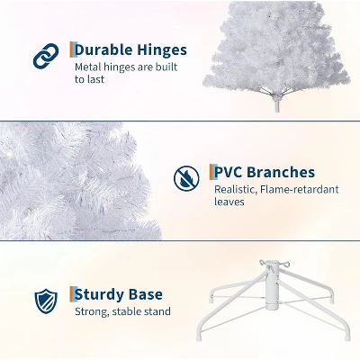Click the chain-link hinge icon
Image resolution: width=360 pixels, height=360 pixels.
(45, 57)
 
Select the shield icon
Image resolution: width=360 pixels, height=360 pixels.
(45, 300)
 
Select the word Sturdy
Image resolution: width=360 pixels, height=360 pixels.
(104, 294)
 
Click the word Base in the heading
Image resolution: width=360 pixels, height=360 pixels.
(148, 294)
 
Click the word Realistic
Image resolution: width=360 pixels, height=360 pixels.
(237, 190)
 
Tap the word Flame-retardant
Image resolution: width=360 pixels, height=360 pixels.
(299, 190)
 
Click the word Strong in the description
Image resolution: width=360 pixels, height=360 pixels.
(92, 312)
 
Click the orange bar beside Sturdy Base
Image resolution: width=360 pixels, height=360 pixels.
(71, 293)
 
